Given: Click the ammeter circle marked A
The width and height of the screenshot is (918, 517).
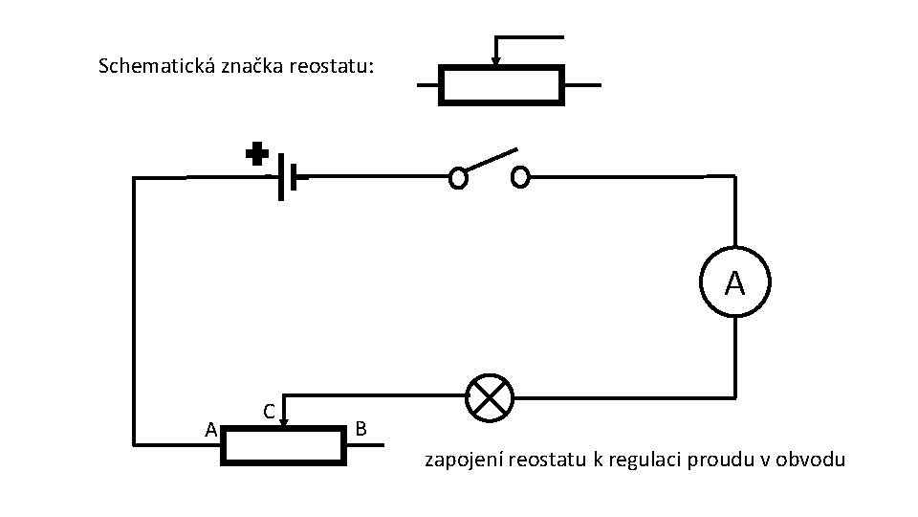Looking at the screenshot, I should point(733,282).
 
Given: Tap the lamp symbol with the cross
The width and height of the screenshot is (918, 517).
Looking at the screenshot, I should point(490,396).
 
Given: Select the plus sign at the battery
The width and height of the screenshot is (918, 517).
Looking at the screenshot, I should point(256,154).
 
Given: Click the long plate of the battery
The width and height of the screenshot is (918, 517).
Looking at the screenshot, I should point(281,176).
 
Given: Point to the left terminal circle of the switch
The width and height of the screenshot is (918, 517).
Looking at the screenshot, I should point(458,177).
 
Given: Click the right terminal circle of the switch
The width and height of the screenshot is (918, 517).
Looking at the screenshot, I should point(520,177).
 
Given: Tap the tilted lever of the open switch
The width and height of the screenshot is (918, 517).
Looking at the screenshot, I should point(490,162).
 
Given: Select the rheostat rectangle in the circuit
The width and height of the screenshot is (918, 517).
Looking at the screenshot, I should point(282,445).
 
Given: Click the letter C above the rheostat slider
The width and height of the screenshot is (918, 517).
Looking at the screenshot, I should point(270,412).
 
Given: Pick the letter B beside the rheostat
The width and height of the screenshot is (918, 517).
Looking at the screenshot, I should point(360,428).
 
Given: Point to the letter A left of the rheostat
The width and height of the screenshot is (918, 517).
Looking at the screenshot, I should point(211,430).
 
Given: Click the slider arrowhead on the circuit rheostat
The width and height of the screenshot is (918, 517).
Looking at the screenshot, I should point(284,418).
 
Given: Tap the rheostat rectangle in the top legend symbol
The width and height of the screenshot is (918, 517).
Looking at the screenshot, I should point(501,84).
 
